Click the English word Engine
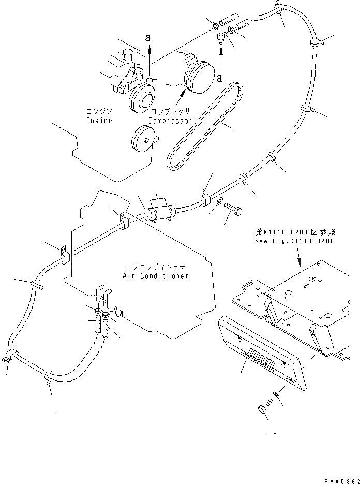coord(99,121)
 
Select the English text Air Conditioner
coord(156,276)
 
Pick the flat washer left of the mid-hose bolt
coord(219,201)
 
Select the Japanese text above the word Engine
coord(99,111)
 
